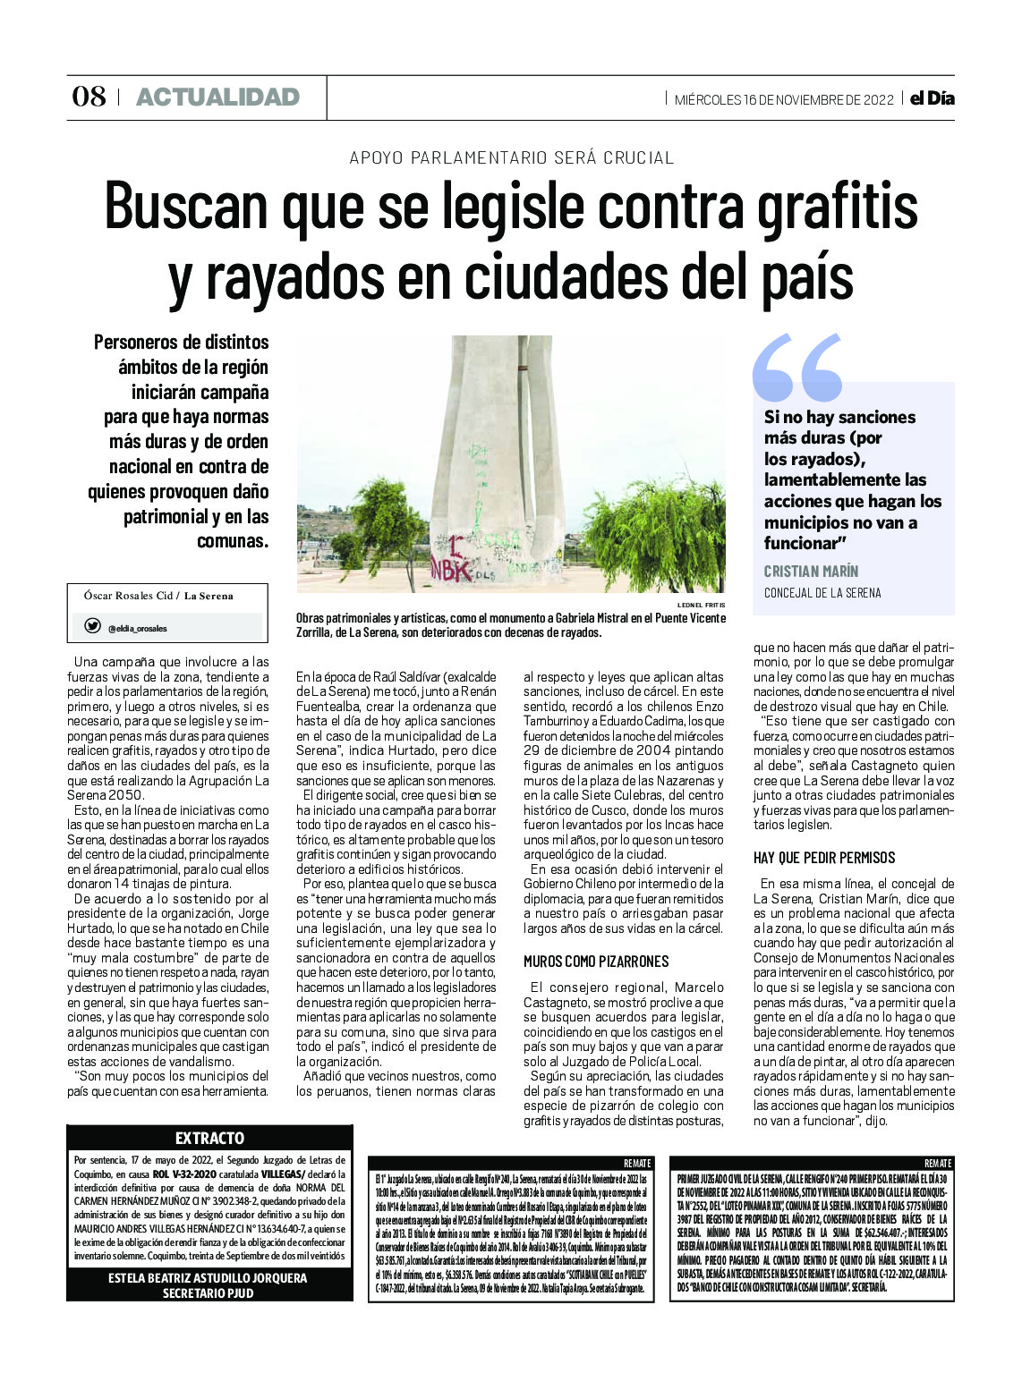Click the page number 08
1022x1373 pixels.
(x=89, y=97)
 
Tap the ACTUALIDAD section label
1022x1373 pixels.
(x=217, y=97)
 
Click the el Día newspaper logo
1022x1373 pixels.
(x=932, y=98)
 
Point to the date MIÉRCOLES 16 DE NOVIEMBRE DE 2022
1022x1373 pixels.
(x=784, y=99)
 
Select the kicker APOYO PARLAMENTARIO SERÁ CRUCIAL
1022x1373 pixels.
(x=511, y=158)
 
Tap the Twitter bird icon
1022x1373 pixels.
(x=92, y=627)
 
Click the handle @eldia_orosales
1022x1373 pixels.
(x=137, y=629)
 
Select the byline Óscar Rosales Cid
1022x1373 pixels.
(x=127, y=596)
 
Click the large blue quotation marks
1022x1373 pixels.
(x=797, y=367)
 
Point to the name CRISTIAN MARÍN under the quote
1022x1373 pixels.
(x=811, y=571)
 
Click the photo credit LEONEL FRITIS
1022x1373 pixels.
(x=702, y=605)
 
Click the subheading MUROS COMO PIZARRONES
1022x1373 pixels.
(x=596, y=962)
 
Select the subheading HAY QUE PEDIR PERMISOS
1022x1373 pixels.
(x=824, y=858)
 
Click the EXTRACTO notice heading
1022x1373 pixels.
(x=209, y=1138)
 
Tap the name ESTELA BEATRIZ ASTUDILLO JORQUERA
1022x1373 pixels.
(x=208, y=1278)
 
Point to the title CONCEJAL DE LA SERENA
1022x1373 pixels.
(x=822, y=593)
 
